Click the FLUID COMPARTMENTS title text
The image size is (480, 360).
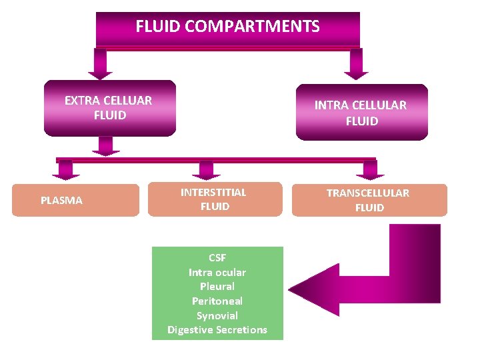(227, 27)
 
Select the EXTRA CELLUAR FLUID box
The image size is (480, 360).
(109, 108)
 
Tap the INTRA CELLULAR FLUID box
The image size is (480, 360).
(361, 113)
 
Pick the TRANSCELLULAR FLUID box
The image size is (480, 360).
(369, 200)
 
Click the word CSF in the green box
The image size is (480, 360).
(217, 257)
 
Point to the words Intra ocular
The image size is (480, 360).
(217, 272)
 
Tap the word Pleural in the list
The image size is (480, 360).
(217, 286)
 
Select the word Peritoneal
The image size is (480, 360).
(217, 301)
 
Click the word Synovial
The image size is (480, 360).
(217, 315)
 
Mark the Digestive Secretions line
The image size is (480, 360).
(217, 330)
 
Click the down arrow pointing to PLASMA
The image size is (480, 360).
(65, 171)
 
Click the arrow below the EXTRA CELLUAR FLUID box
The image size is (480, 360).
(105, 145)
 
